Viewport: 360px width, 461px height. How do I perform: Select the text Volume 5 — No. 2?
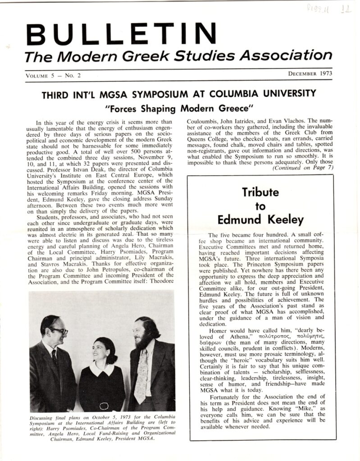(x=53, y=75)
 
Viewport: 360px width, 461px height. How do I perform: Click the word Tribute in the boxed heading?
(x=260, y=192)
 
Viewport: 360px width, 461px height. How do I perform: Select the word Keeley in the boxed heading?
(x=284, y=220)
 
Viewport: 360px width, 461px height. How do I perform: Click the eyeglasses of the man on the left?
(x=59, y=331)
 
